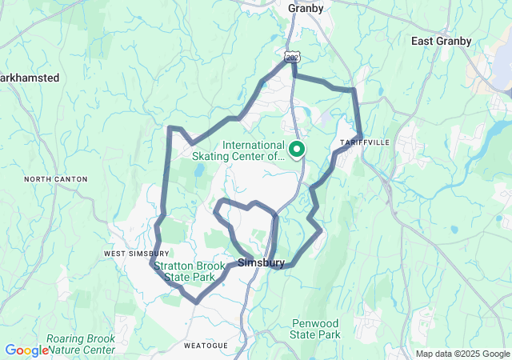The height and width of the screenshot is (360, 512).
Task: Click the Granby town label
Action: coord(306,9)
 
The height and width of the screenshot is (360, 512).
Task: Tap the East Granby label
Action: coord(441,41)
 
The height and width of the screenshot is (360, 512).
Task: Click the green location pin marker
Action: coord(296,150)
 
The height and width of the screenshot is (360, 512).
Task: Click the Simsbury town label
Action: coord(262,262)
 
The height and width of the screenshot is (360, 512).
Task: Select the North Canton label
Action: coord(55,179)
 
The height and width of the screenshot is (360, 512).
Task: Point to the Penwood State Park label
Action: coord(315,329)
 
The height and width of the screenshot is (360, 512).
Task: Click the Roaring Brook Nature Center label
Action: coord(80,344)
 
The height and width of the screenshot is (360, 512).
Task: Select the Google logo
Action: coord(26,350)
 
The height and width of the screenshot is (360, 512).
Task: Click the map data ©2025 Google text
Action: coord(462,354)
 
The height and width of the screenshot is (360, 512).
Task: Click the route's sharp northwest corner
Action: coord(170,128)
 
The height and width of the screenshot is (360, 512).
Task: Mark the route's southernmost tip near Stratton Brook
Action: coord(195,301)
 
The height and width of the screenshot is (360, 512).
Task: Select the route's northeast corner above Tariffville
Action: coord(354,90)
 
